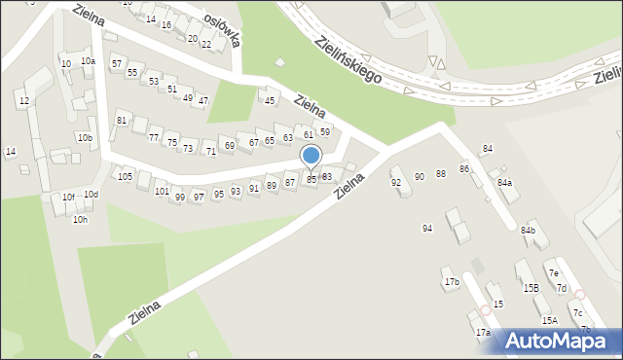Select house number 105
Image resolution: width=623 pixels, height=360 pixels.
125,176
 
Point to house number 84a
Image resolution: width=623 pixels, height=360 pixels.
504,183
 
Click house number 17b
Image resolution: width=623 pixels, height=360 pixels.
452,282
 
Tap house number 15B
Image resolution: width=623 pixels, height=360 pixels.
531,288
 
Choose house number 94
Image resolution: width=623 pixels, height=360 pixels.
426,229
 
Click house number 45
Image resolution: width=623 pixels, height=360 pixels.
271,100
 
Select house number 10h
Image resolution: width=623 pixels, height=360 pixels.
80,220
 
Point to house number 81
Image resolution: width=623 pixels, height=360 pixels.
122,120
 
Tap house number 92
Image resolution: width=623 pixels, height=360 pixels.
396,183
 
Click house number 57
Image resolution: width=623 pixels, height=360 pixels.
117,63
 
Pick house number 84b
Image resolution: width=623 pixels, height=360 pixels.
528,230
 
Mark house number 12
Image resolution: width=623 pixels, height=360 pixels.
23,101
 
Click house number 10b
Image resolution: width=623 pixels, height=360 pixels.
86,138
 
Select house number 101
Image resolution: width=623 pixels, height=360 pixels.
162,192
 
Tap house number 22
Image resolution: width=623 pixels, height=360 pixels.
205,45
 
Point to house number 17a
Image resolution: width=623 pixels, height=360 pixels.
483,333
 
